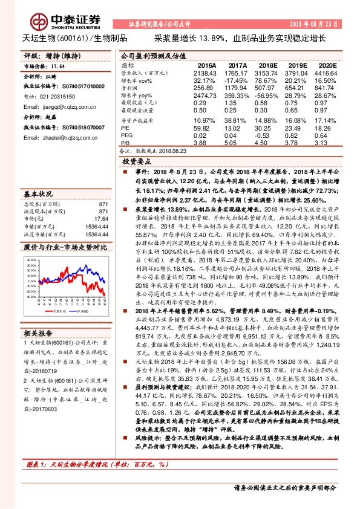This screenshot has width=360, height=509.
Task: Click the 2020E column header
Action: point(326,65)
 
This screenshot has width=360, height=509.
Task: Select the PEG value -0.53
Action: point(267,136)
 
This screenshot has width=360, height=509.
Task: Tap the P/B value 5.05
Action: point(237,143)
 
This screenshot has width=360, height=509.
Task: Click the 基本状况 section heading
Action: point(37,195)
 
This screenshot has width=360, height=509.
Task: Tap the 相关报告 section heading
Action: point(37,334)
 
